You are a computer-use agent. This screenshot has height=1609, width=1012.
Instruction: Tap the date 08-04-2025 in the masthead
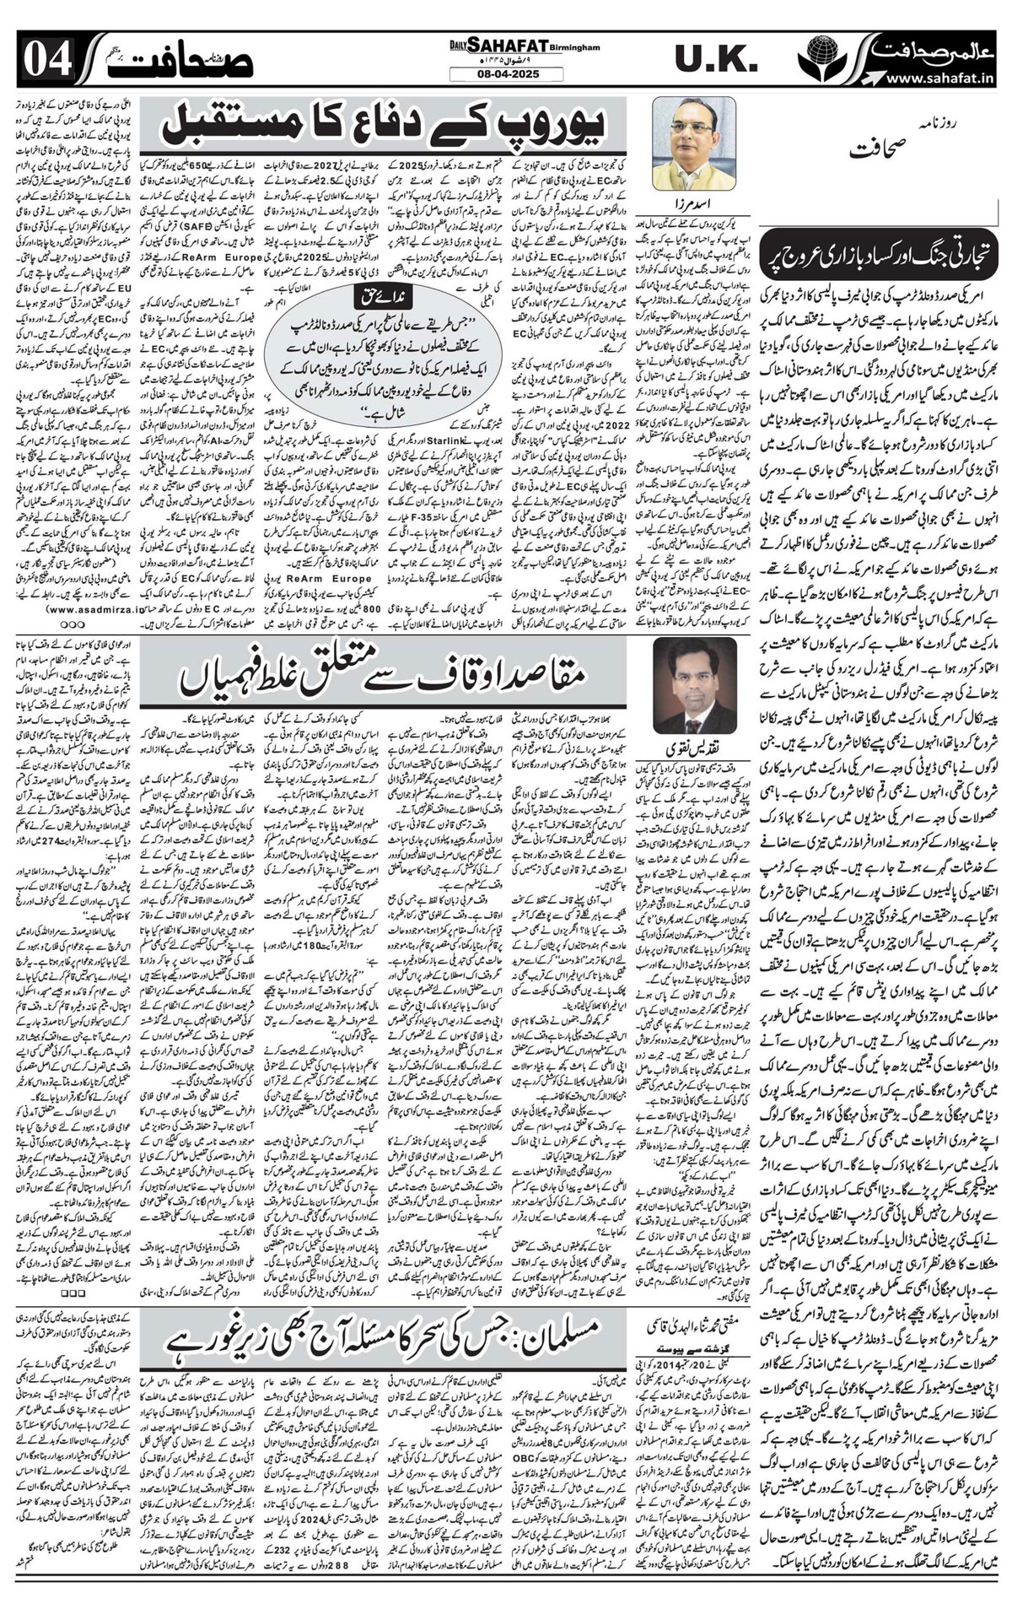tap(506, 74)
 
